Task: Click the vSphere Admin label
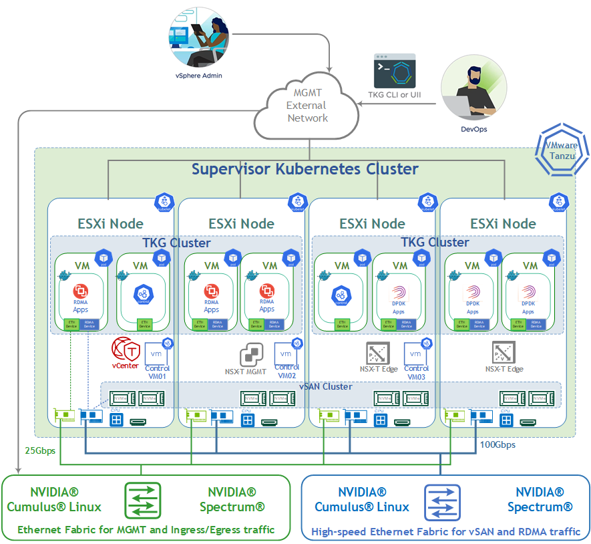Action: [x=198, y=76]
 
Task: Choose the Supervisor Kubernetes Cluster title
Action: [x=305, y=168]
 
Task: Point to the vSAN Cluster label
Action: [x=326, y=386]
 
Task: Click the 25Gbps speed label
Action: [x=40, y=450]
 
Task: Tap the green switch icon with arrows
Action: [x=142, y=500]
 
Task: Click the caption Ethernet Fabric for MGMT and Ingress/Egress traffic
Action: [x=146, y=530]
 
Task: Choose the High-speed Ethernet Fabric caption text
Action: [x=446, y=532]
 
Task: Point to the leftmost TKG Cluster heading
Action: [x=176, y=243]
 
